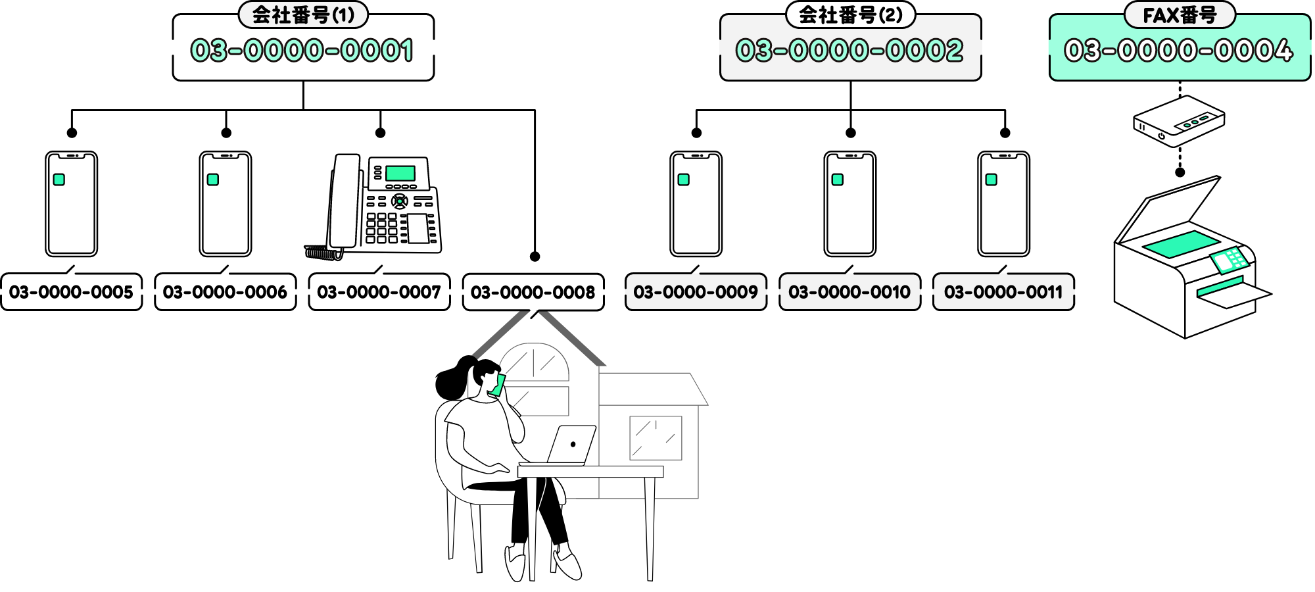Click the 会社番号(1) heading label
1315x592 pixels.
303,14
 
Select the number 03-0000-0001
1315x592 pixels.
302,51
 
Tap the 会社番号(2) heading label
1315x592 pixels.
850,14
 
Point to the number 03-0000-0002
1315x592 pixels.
849,51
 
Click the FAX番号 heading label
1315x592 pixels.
1180,14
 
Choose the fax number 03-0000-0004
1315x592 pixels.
1179,51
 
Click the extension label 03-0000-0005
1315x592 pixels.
71,292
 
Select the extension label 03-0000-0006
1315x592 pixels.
225,292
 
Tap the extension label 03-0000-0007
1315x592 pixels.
379,292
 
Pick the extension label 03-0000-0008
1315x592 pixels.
533,292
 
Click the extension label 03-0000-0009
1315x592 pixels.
696,292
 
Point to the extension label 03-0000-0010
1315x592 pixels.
849,292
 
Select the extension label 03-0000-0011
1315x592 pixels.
1003,292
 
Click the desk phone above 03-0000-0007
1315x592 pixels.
381,205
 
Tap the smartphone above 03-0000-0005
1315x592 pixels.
71,204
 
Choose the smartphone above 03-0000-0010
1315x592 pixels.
849,204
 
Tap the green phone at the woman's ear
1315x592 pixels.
498,385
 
